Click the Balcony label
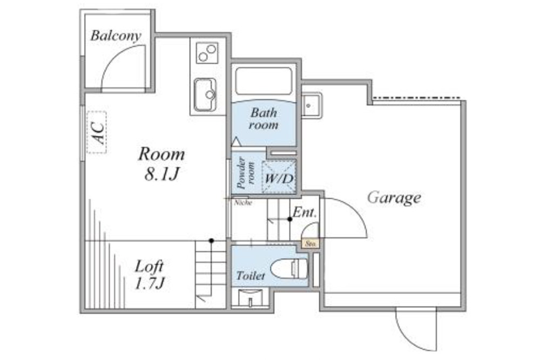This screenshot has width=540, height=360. [116, 36]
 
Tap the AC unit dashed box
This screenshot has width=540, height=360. [97, 132]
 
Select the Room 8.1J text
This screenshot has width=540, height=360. [161, 164]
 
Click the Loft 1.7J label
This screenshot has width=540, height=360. [149, 274]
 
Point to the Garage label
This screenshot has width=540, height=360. [394, 198]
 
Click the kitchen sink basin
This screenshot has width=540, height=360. [205, 95]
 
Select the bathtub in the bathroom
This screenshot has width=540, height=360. [264, 82]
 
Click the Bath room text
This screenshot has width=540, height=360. [264, 119]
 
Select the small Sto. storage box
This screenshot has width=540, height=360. [310, 243]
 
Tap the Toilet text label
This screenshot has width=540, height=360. [251, 276]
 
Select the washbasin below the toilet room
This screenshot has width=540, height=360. [251, 297]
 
